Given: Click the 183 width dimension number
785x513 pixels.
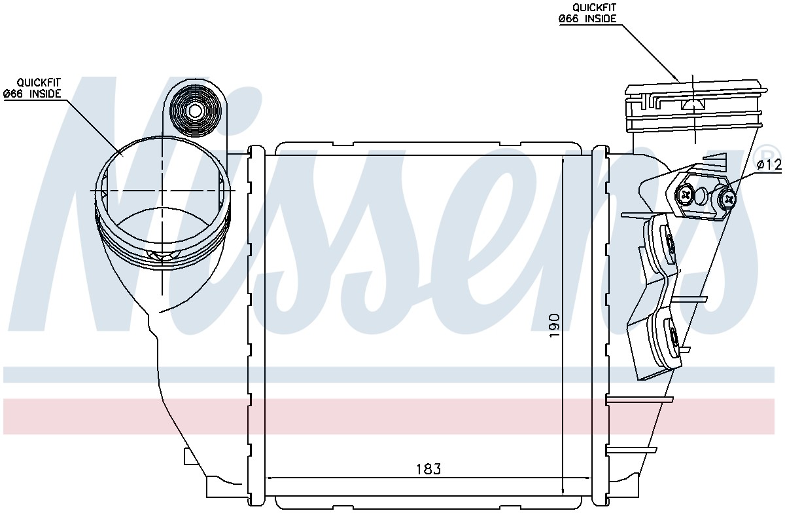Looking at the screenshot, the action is [x=428, y=469].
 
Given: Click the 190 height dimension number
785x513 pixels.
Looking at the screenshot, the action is [x=555, y=325].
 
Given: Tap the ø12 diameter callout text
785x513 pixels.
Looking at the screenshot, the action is [x=769, y=164].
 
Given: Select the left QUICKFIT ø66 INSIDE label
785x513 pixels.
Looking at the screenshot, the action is [x=32, y=88].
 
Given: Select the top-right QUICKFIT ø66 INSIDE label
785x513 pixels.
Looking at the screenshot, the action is [x=587, y=13].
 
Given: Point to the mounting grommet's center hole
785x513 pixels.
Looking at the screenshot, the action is [x=195, y=111].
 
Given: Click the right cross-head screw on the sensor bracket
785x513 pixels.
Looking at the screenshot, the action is [x=727, y=199].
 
